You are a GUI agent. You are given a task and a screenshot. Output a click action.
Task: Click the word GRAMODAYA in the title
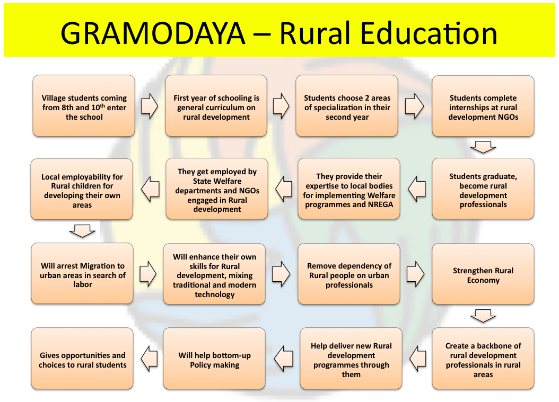point(153,33)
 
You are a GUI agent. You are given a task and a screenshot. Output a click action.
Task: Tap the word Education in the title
point(429,33)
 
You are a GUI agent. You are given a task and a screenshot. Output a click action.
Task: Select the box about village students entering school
point(84,106)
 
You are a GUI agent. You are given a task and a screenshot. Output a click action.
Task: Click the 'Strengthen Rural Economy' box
point(483,274)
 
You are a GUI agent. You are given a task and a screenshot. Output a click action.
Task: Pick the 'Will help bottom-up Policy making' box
point(214,358)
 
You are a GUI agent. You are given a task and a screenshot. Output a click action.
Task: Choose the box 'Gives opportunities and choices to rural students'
point(82,358)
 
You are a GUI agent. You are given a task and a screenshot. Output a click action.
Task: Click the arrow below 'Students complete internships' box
point(483,147)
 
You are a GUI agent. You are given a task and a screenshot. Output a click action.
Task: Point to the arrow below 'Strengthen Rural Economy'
point(483,316)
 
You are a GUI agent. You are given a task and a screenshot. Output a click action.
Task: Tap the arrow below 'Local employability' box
point(82,231)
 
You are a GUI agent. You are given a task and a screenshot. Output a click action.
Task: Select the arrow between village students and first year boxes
point(150,106)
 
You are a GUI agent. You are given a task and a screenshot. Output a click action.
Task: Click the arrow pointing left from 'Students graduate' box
point(417,189)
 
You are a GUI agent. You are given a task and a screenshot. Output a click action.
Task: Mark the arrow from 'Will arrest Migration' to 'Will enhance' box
point(148,274)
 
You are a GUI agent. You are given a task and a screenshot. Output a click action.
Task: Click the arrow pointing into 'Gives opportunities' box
point(149,359)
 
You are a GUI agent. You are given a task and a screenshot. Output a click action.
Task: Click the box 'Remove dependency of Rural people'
point(349,274)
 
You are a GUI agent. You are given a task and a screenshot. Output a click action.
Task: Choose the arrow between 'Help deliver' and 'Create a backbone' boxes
point(418,359)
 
